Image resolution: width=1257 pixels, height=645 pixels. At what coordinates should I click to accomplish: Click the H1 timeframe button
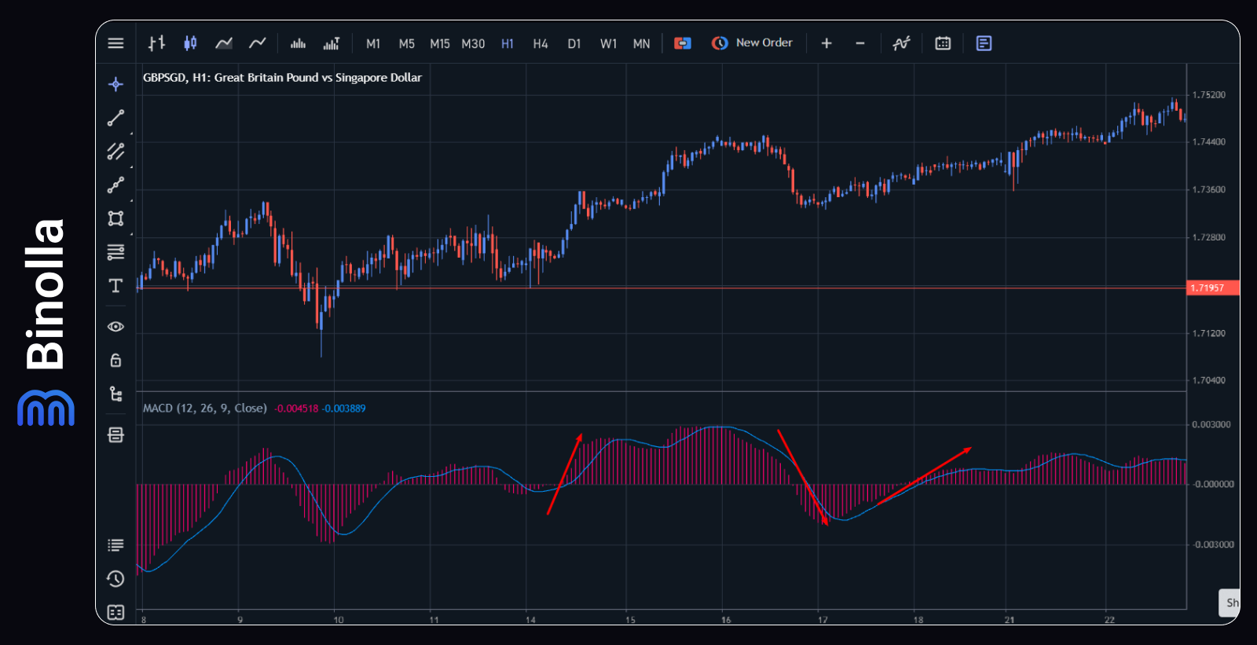coord(508,44)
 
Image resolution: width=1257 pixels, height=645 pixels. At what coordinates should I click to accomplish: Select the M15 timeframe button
coord(440,44)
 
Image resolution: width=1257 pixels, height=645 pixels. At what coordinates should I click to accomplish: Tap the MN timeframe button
coord(641,44)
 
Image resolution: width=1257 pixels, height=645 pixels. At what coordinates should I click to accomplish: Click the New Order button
coord(753,43)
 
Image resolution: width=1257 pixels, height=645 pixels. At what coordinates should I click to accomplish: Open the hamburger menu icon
coord(115,43)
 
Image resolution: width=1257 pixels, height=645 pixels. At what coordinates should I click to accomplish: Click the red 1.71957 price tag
coord(1211,288)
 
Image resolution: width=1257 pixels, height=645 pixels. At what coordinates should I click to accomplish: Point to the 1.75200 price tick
coord(1208,95)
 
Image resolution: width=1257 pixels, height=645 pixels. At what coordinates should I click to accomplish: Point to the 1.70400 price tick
coord(1208,380)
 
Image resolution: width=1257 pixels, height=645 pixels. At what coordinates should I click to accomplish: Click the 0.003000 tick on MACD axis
coord(1211,424)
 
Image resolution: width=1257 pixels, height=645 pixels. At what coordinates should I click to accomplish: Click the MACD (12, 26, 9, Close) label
coord(205,409)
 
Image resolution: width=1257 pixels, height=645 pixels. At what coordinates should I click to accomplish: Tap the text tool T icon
coord(115,285)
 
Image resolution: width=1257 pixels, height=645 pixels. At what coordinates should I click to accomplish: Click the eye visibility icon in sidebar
coord(115,327)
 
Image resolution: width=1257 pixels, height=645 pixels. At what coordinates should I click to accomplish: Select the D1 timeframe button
coord(574,44)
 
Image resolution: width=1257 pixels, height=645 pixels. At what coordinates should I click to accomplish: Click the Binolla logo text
coord(46,295)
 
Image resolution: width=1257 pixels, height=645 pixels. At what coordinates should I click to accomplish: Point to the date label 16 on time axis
coord(726,620)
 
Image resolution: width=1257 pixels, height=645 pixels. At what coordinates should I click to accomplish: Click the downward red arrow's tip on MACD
coord(826,523)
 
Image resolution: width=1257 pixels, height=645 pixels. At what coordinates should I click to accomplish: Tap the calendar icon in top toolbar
coord(943,43)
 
